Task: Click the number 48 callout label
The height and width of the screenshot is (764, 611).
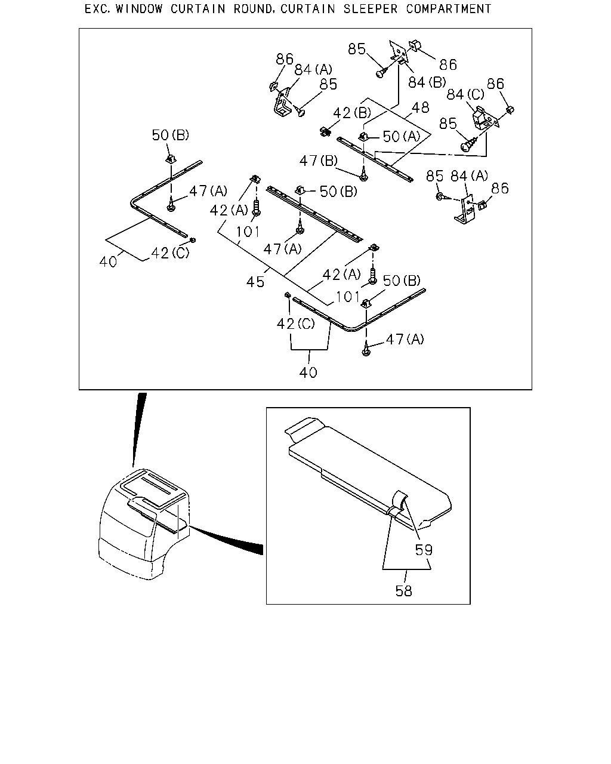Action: [x=420, y=107]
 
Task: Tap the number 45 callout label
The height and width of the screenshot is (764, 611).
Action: [x=255, y=282]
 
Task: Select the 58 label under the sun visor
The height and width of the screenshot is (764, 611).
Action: [x=404, y=591]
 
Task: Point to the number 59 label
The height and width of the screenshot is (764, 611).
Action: [x=424, y=550]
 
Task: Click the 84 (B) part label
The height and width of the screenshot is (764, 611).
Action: [x=427, y=82]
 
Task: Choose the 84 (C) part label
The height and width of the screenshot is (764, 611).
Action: [x=465, y=94]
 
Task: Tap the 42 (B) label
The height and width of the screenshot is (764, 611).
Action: [x=352, y=113]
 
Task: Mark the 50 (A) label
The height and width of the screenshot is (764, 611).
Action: [x=402, y=136]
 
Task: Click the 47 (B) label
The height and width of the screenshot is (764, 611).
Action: [x=319, y=161]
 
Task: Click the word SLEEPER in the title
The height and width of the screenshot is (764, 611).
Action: [x=371, y=9]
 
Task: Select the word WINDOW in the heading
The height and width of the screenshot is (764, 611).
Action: [x=139, y=9]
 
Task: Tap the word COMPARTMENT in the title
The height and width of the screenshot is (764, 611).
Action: [x=449, y=9]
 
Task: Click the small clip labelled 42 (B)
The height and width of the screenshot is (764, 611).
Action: [x=325, y=132]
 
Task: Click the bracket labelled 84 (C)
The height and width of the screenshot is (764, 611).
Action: [x=485, y=117]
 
